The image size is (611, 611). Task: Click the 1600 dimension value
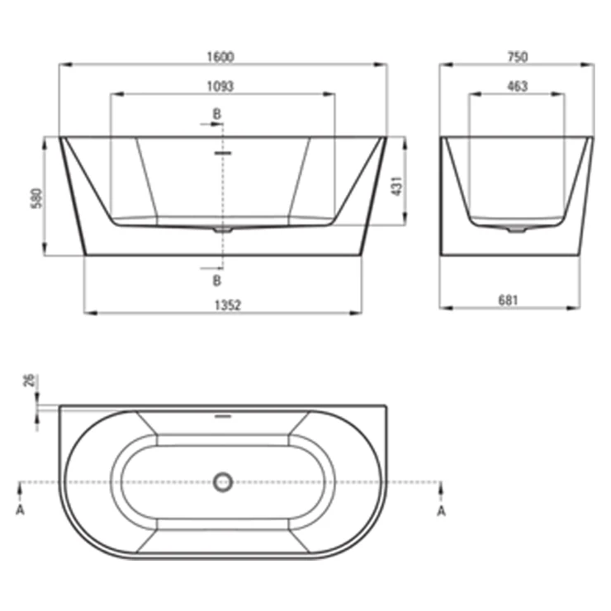click(x=220, y=57)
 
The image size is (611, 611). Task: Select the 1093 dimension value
click(x=220, y=86)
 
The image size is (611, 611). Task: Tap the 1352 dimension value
click(x=228, y=305)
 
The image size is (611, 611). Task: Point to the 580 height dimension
click(x=36, y=198)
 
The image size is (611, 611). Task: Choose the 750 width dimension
click(x=518, y=57)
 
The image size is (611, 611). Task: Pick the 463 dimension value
click(x=518, y=86)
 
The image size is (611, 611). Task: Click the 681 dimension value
click(x=509, y=301)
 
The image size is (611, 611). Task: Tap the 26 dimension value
click(x=30, y=381)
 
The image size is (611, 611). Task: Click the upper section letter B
click(x=216, y=114)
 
